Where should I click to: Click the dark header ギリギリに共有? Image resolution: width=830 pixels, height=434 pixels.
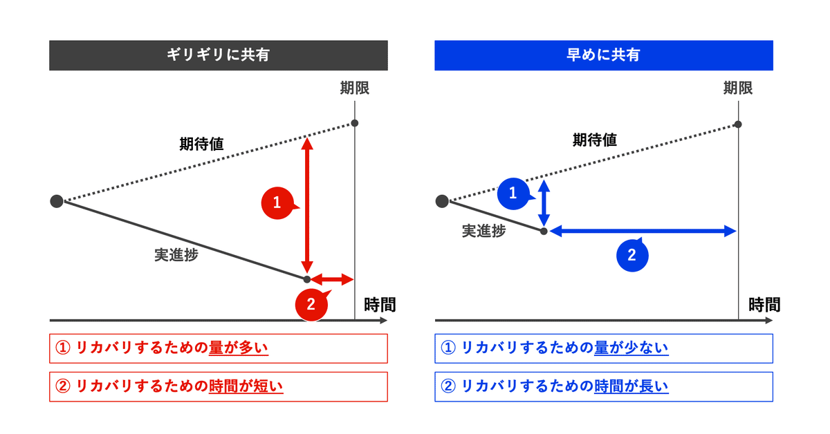[x=218, y=56]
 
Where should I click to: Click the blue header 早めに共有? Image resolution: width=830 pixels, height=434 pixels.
[x=603, y=56]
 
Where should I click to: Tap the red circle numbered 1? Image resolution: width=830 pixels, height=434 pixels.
[x=277, y=202]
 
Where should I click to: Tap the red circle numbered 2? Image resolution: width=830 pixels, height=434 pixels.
[x=311, y=304]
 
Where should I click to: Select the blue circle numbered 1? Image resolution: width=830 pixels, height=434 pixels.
[x=513, y=194]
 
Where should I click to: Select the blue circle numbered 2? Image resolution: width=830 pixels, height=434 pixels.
[x=631, y=255]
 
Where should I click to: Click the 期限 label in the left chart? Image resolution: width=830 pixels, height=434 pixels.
[x=354, y=88]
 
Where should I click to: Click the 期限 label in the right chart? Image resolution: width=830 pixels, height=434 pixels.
[x=738, y=88]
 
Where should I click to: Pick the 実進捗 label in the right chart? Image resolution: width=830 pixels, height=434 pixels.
[x=483, y=232]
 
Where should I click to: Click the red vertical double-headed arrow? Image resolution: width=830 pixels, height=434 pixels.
[x=307, y=205]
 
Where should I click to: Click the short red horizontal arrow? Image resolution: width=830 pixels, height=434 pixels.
[x=332, y=279]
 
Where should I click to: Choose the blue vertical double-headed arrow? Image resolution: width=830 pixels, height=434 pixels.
[x=544, y=202]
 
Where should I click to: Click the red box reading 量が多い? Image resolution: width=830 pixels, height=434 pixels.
[x=218, y=348]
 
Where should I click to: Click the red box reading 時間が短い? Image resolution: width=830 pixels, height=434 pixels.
[x=218, y=387]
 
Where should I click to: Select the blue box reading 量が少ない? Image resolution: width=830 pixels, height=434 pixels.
[x=603, y=348]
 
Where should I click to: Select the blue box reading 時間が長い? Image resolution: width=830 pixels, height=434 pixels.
[x=603, y=387]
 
